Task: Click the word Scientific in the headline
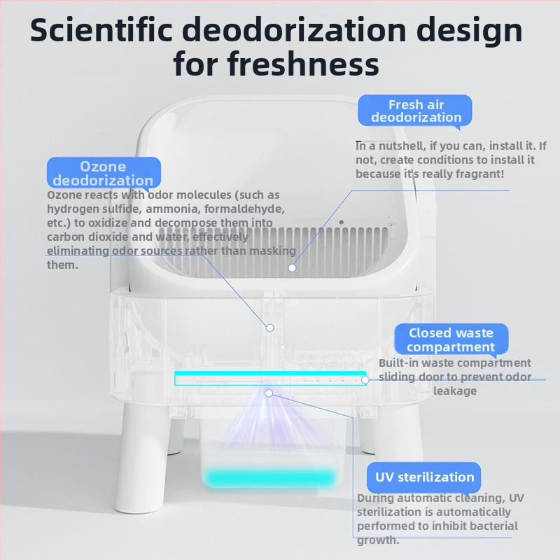click(101, 30)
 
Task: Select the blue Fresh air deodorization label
click(415, 111)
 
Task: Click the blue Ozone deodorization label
click(104, 173)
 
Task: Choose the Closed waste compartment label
click(451, 339)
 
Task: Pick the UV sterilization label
click(424, 477)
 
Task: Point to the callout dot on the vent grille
click(292, 267)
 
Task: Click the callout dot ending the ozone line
click(270, 328)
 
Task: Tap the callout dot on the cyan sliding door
click(365, 380)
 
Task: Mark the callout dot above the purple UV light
click(269, 393)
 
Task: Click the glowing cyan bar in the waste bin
click(269, 477)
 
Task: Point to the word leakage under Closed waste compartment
click(454, 391)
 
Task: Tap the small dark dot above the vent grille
click(342, 222)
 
